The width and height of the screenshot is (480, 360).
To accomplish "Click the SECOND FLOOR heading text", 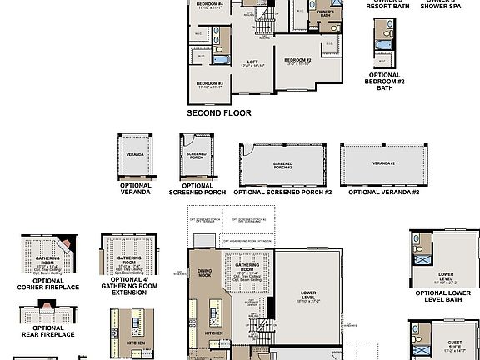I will pos(218,112).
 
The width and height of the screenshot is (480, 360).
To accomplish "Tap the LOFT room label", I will pos(252,62).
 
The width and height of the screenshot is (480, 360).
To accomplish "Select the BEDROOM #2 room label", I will pos(297,62).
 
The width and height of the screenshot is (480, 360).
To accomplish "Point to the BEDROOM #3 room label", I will pos(209,85).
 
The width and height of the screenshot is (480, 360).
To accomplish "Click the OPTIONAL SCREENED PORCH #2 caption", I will pos(282,192).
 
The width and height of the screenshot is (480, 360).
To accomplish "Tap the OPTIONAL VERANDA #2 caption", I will pos(383,192).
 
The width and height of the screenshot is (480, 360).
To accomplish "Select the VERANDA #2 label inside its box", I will pos(383,163).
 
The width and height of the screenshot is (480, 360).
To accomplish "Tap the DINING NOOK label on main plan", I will pos(205,273).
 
